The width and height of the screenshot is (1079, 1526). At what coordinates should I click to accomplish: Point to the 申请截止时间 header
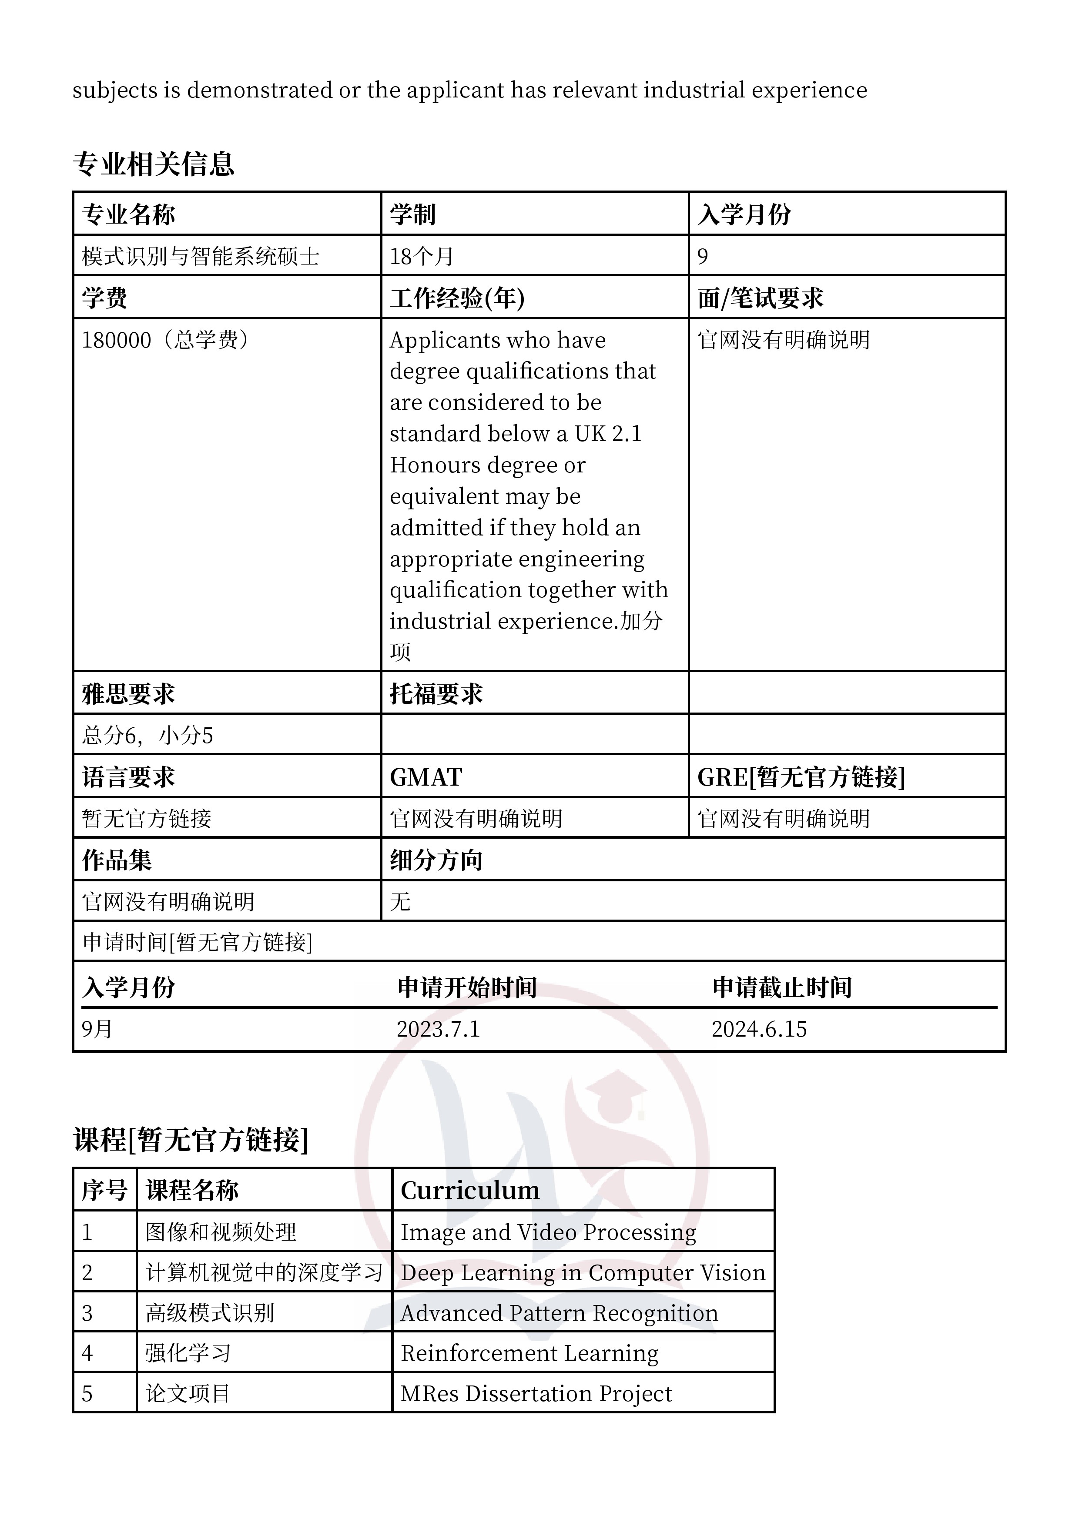pyautogui.click(x=782, y=987)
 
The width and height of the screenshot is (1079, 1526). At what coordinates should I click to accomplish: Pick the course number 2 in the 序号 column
pyautogui.click(x=87, y=1273)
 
